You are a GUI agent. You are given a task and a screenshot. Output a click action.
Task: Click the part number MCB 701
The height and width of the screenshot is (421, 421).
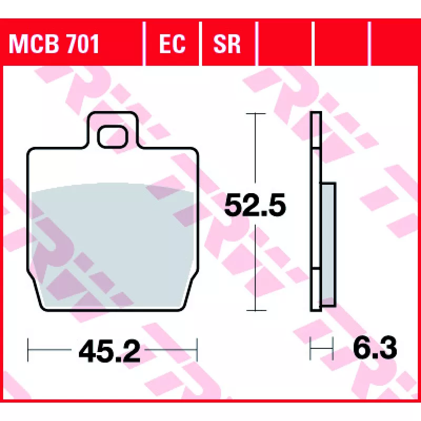(54, 44)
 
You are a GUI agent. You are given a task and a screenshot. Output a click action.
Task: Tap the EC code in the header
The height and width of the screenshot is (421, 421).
(172, 44)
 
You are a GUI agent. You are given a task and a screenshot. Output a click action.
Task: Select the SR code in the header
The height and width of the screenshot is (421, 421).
(227, 44)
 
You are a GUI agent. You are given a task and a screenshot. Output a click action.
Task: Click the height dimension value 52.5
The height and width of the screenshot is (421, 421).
(255, 205)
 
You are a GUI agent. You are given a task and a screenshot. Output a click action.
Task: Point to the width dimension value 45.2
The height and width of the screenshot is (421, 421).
(109, 350)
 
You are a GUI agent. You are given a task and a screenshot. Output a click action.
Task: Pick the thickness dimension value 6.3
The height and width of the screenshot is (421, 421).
(375, 348)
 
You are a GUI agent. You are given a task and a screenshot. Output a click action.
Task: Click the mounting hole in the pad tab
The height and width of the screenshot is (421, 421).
(113, 137)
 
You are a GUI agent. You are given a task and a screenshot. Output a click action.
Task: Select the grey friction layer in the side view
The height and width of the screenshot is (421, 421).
(328, 244)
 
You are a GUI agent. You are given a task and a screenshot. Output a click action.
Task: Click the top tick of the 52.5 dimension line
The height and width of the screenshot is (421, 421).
(256, 114)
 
